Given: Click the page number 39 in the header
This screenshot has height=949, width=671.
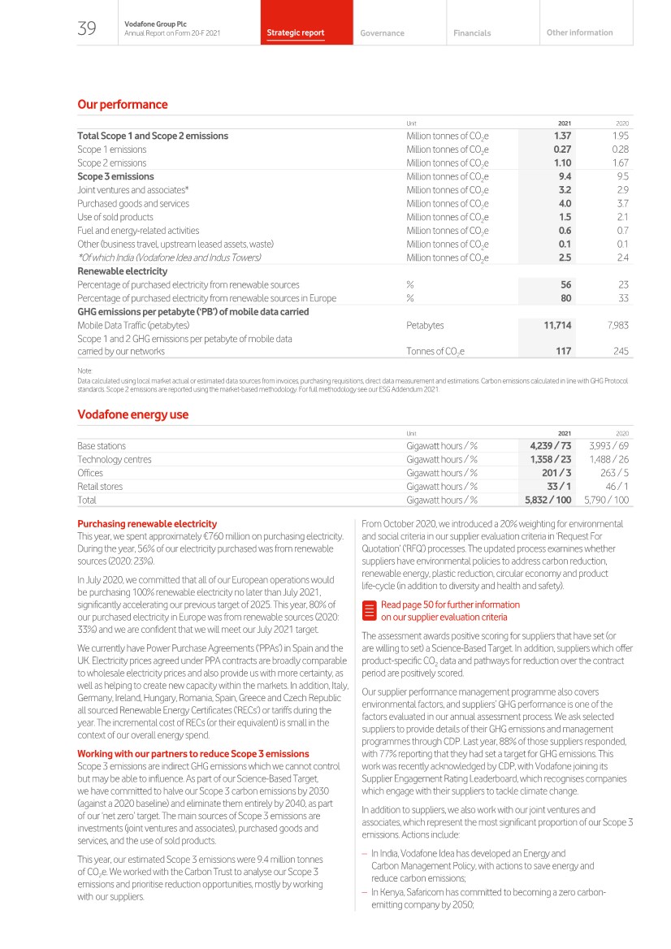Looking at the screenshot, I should tap(86, 30).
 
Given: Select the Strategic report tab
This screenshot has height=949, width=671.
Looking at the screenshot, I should tap(296, 33).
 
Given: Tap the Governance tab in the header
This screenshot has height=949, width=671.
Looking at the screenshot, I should tap(382, 33).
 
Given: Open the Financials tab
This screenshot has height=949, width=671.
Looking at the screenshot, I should tap(472, 33).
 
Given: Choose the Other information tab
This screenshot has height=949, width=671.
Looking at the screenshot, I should tap(580, 32).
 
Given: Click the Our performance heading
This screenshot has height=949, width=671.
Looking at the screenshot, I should tap(122, 105).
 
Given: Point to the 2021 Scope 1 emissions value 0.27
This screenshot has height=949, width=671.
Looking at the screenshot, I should tap(562, 149).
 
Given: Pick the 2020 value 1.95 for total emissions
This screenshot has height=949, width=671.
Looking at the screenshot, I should tap(620, 136).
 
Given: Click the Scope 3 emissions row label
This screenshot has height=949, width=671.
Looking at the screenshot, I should tap(115, 176).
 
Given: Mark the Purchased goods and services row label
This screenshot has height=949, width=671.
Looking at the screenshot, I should tap(133, 203).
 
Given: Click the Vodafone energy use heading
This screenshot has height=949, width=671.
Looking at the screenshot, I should tap(132, 414).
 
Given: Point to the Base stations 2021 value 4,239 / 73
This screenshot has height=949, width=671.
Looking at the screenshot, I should tap(550, 446).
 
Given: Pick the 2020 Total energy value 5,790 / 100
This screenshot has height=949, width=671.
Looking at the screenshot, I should tap(606, 500).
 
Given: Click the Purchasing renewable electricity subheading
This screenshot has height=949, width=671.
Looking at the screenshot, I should tap(147, 524).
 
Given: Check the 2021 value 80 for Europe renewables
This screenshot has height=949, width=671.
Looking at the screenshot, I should tap(565, 298).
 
